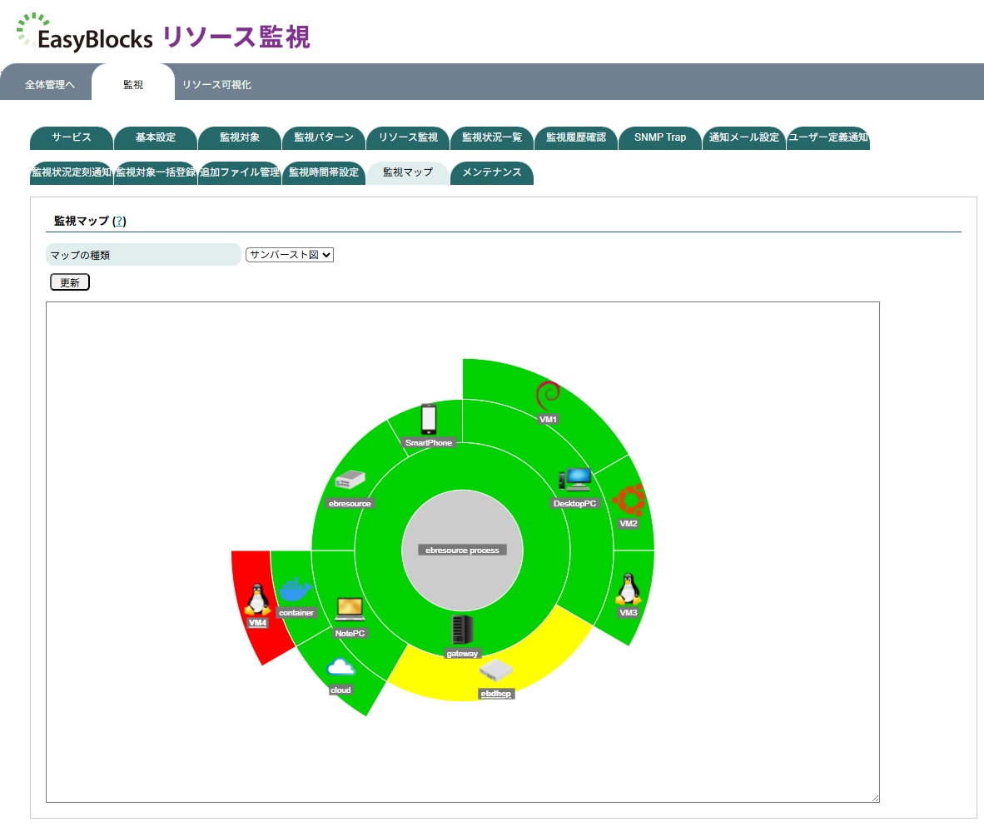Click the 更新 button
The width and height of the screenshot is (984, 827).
tap(70, 282)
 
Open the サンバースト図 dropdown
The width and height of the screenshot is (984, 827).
tap(290, 255)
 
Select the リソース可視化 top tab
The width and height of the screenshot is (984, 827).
tap(216, 85)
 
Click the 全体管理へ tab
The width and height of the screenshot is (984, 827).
tap(50, 85)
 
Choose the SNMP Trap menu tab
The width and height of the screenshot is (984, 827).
tap(660, 137)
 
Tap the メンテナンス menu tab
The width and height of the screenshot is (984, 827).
tap(491, 172)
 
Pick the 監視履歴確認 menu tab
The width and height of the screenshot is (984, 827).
tap(576, 137)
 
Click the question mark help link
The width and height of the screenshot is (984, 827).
tap(119, 221)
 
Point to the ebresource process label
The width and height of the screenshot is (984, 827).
tap(462, 550)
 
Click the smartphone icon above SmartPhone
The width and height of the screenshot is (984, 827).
tap(429, 419)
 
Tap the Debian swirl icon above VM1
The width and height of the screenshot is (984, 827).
tap(548, 395)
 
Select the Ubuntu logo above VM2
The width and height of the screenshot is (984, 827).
tap(629, 500)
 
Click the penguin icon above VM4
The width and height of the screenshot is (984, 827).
tap(257, 600)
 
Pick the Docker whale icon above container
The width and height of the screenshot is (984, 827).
tap(296, 590)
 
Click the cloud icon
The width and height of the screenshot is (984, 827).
tap(341, 668)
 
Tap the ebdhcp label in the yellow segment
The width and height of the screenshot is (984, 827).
tap(497, 694)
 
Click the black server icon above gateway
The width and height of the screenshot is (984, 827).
tap(462, 630)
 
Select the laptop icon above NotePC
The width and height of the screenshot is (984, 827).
tap(350, 610)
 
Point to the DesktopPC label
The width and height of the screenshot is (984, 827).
tap(575, 503)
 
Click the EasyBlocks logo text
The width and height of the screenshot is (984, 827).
tap(95, 38)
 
